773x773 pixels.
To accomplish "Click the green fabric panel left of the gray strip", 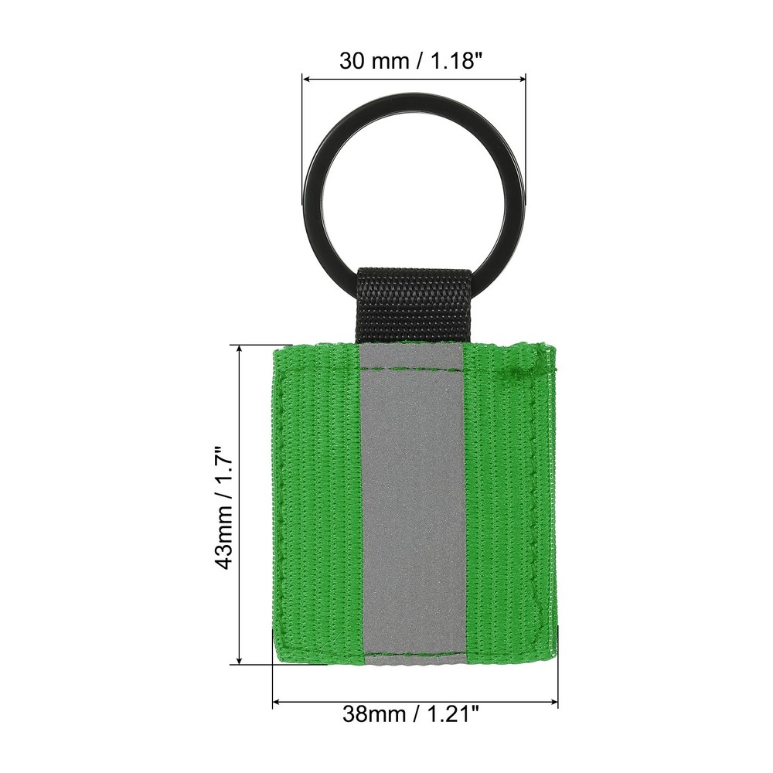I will tap(317, 502).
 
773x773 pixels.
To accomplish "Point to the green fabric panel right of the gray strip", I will tap(506, 502).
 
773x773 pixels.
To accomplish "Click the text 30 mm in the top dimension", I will tap(371, 61).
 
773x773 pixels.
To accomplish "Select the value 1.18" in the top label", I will tap(455, 61).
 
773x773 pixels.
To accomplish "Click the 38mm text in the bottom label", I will tap(375, 713).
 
